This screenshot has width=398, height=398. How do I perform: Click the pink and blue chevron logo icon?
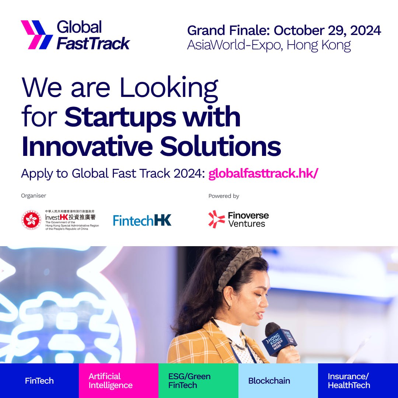37,35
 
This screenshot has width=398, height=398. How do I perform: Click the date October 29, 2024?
327,31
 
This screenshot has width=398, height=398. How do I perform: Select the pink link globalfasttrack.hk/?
263,174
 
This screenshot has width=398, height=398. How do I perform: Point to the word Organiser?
34,196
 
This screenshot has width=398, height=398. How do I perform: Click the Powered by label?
224,196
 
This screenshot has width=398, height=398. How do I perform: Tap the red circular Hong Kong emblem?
31,220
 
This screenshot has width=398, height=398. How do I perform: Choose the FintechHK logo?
142,220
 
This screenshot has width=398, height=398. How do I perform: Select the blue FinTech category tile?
39,380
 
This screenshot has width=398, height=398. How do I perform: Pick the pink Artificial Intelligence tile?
119,380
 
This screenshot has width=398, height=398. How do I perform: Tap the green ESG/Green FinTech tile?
198,380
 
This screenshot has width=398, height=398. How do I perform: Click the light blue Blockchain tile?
278,380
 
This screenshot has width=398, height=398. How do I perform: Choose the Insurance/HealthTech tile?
358,380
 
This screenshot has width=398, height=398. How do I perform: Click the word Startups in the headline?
120,117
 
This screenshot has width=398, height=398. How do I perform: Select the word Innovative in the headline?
87,147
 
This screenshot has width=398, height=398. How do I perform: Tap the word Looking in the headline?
169,88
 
